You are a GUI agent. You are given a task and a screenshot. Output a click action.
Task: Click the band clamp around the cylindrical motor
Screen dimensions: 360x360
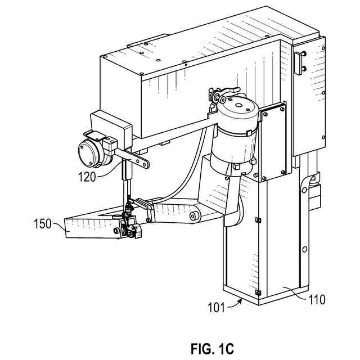pos(235,132)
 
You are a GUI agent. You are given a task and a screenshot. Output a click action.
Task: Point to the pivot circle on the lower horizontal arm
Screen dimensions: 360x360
pos(195,215)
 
